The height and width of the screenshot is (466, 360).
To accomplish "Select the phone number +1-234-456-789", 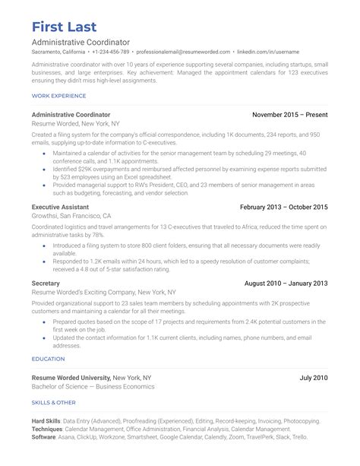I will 111,52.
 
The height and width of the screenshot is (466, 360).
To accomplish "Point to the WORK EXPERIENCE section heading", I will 59,95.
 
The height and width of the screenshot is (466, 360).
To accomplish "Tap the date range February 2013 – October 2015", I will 283,207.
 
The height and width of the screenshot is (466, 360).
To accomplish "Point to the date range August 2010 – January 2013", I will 286,283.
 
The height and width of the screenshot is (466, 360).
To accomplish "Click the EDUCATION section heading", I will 48,358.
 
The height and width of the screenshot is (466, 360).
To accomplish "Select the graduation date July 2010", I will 313,377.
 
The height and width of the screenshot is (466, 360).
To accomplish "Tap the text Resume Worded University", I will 71,377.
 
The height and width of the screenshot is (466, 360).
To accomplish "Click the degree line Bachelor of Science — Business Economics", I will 93,386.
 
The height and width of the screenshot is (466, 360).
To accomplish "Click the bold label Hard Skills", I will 46,420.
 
